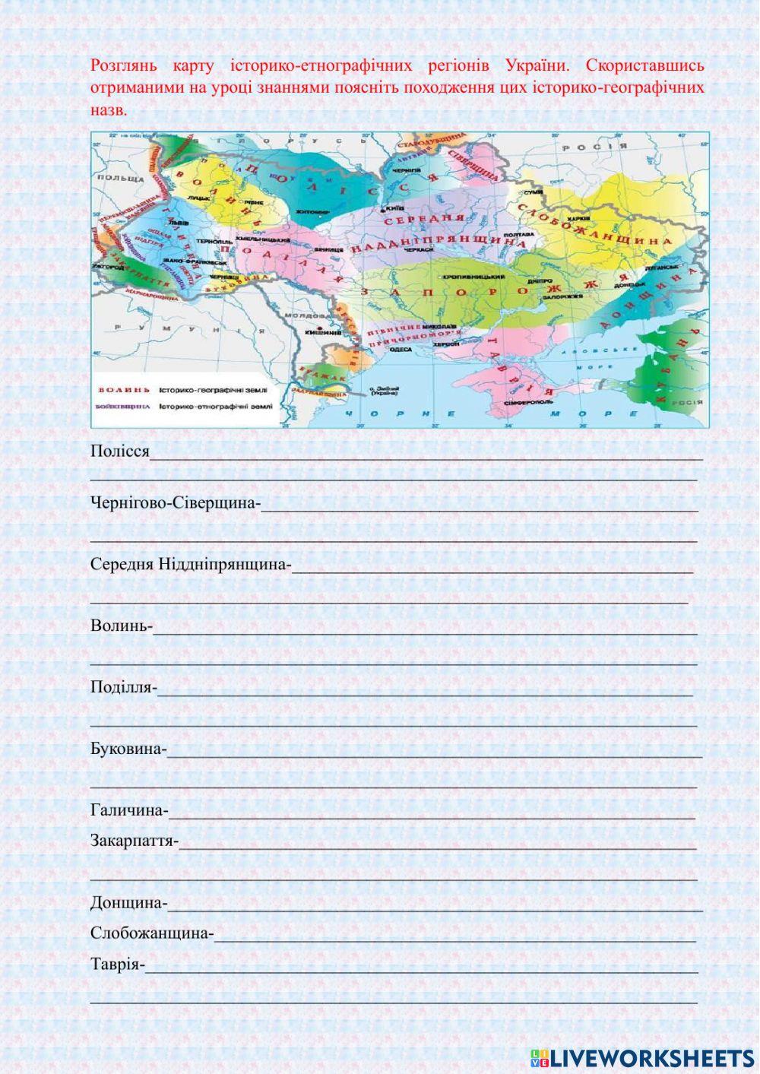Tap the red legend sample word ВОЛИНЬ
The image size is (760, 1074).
pos(119,390)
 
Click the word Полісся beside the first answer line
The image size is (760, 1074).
pos(119,451)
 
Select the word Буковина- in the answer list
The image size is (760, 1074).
pos(128,749)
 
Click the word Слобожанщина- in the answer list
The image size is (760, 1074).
pos(152,933)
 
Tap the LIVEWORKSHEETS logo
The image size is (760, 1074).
pos(642,1058)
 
